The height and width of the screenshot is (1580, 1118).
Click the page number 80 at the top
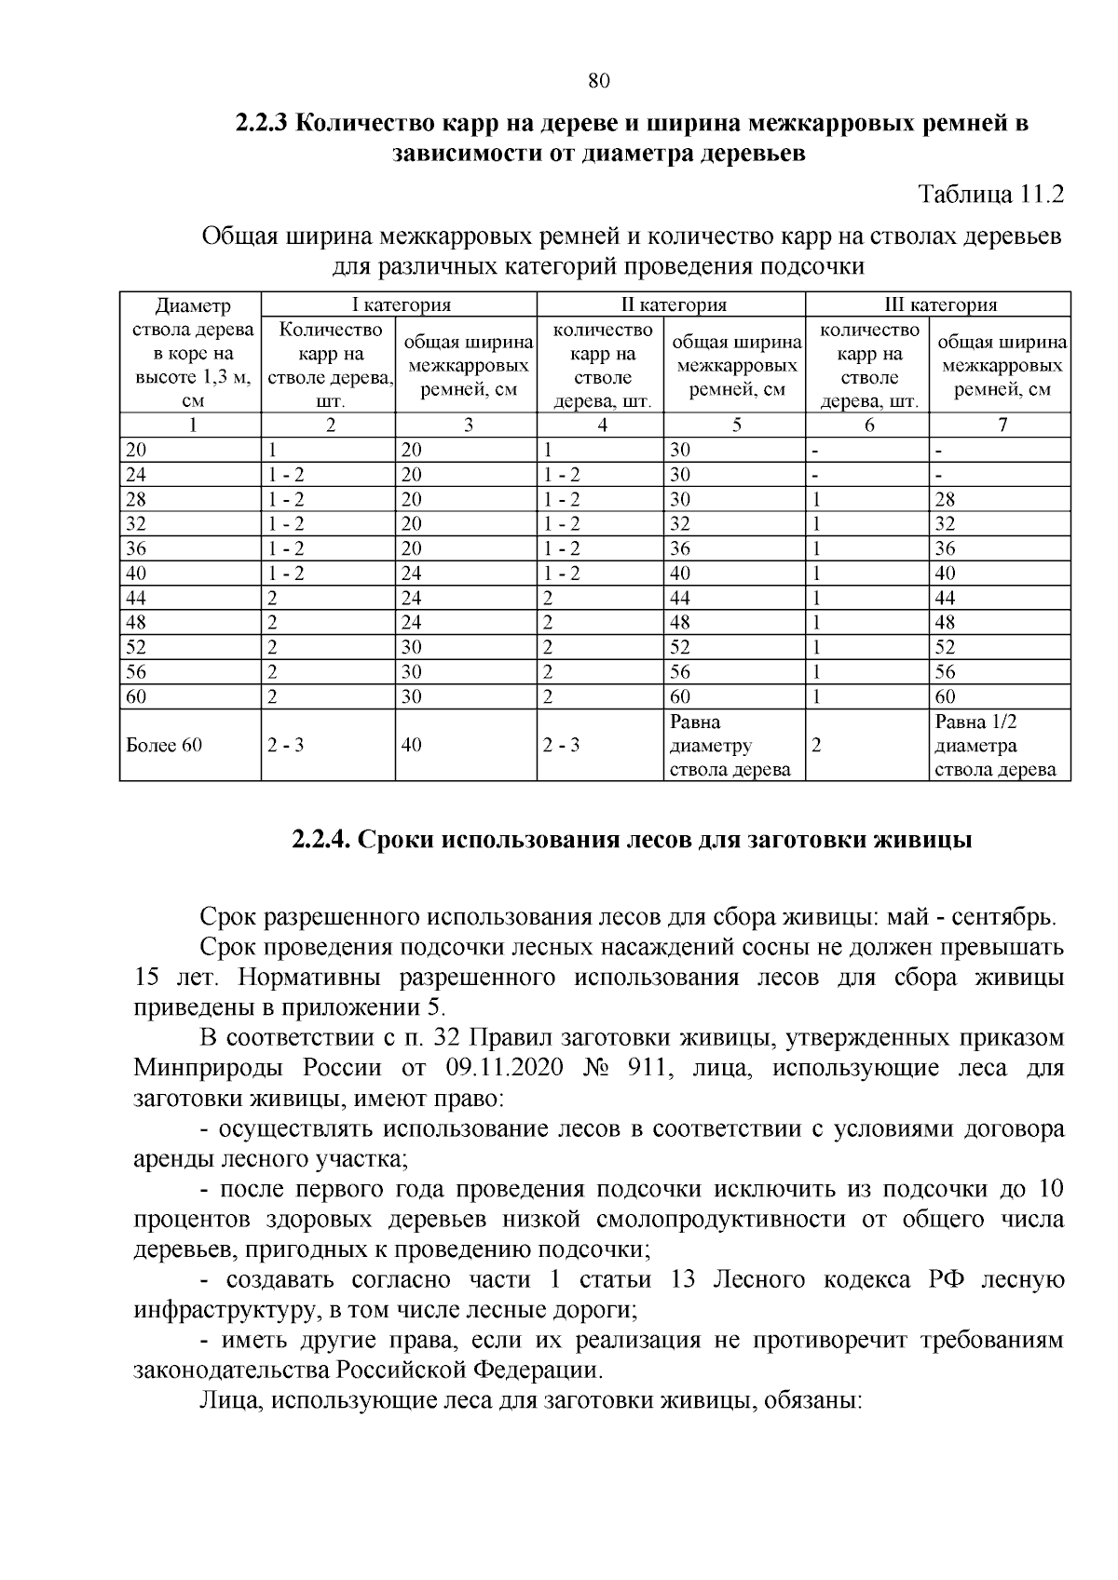pos(599,81)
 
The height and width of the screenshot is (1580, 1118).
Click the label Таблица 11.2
pos(990,196)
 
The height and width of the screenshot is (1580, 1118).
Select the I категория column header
pos(400,304)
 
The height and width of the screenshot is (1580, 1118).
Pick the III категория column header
pos(939,304)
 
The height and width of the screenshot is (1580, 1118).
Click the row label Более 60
pos(164,746)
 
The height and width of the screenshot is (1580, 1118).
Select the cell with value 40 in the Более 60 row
pos(411,746)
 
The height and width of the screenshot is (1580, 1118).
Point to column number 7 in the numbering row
pos(1002,425)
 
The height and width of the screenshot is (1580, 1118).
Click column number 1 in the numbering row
pos(192,425)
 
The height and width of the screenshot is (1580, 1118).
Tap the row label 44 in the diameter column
pos(136,598)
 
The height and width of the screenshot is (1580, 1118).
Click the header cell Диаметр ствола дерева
pos(192,353)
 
